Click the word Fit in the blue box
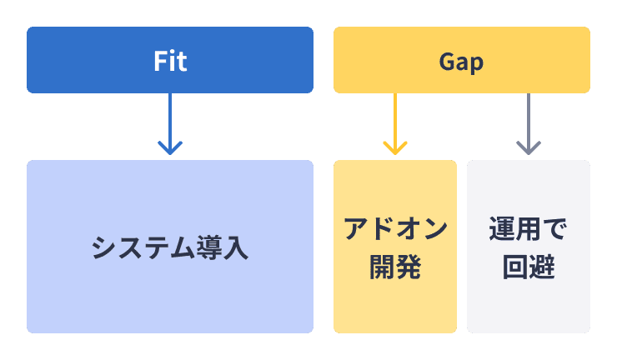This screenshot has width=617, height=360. coord(170,61)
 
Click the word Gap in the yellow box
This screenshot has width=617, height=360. coord(461,62)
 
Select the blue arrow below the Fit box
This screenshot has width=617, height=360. coord(170,124)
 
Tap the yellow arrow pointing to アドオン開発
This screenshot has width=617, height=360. coord(395,124)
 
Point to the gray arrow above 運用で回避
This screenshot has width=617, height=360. coord(529,124)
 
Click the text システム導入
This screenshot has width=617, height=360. coord(170,247)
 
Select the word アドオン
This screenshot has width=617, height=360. coord(395,228)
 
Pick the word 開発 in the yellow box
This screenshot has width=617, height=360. coord(395,267)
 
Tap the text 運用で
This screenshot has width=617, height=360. coord(528,228)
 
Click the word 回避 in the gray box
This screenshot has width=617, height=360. coord(529,267)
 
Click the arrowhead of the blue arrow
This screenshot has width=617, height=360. coord(170,148)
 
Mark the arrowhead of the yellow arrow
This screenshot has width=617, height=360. coord(395,148)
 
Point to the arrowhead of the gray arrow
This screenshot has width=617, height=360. coord(529,148)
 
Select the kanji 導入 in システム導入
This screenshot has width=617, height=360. coord(223,247)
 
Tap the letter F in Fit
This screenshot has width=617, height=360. coord(160,61)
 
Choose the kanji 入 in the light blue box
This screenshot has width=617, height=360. coord(236,247)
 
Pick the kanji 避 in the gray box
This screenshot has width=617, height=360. coord(542,267)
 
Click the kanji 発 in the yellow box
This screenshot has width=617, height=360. coord(409,267)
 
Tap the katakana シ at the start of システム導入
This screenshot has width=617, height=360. coord(104,247)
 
